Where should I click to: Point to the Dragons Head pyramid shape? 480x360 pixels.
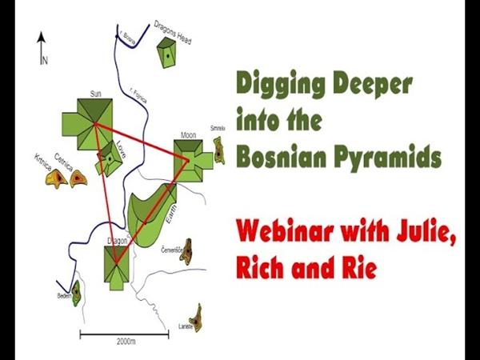166,54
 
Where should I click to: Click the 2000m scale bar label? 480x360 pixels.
122,341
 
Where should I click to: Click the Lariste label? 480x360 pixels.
186,326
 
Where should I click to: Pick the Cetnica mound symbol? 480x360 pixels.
78,179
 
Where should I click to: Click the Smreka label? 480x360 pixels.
218,128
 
